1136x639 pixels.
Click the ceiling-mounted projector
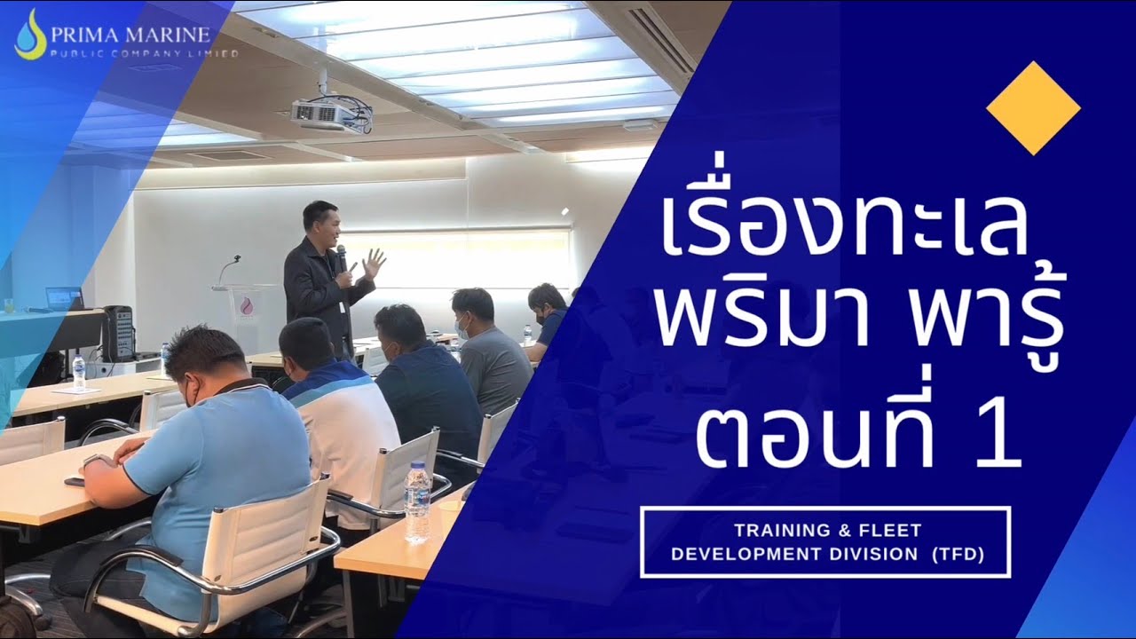pos(328,114)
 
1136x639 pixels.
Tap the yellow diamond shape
pos(1033,108)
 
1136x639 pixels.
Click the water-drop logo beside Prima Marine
pos(30,35)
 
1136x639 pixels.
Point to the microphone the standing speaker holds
pos(342,258)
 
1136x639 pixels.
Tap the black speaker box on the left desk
pos(117,333)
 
